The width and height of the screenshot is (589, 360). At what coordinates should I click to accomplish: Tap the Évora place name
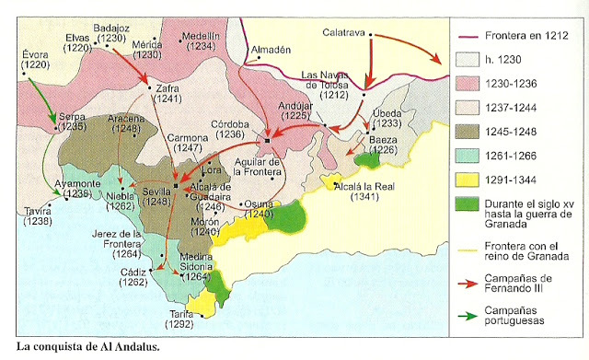(x=35, y=55)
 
